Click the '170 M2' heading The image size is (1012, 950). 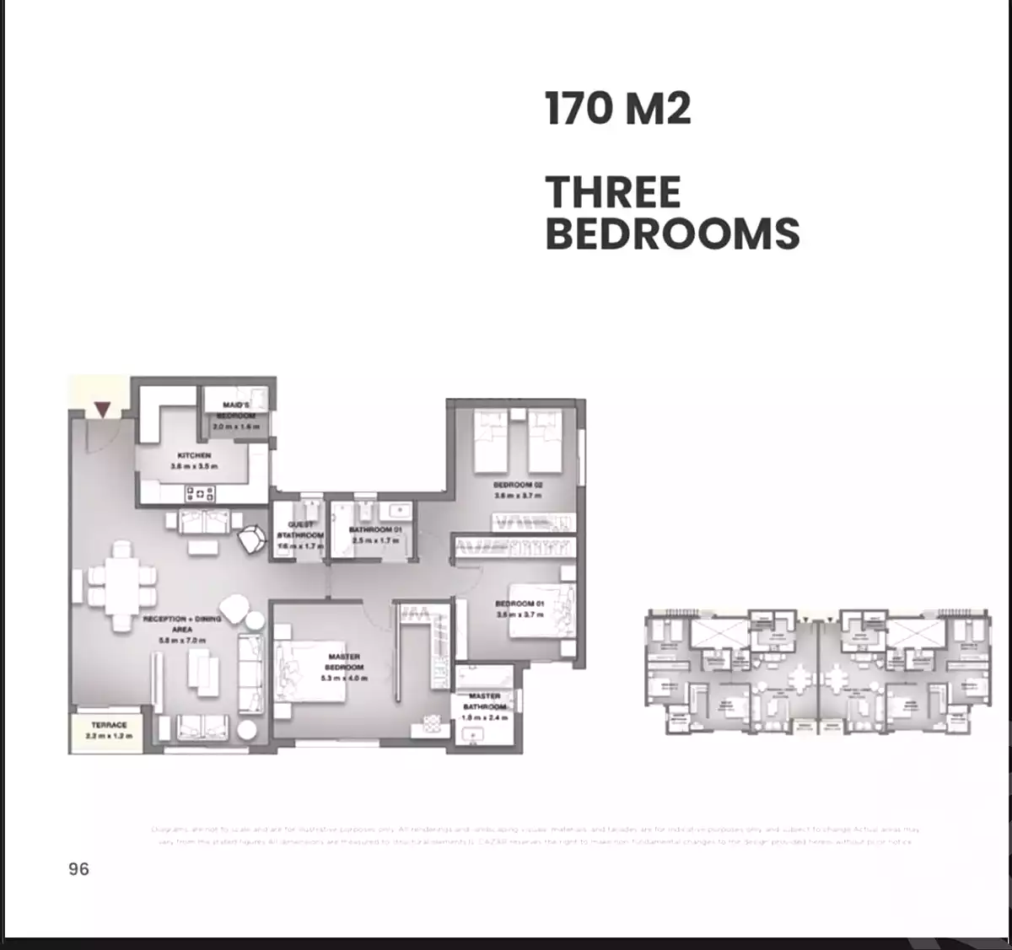point(617,109)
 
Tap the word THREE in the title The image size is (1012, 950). point(613,192)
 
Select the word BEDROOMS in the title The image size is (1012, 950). point(672,233)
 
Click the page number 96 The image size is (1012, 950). point(78,869)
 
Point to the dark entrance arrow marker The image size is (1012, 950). point(102,410)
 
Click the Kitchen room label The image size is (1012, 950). point(194,460)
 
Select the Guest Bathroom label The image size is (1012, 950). point(300,535)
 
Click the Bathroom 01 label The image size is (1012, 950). point(374,534)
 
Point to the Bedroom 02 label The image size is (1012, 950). point(517,490)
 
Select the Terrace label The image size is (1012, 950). point(109,730)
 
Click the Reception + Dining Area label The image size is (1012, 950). point(181,629)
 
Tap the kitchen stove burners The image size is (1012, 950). point(200,494)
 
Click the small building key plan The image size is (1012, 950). point(817,671)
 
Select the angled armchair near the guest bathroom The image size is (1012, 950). point(251,539)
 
